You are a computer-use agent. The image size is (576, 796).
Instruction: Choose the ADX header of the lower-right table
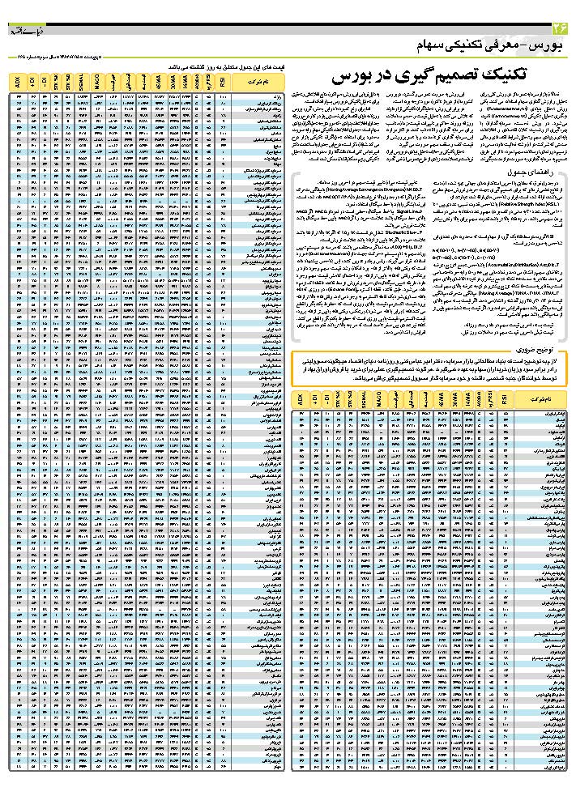(x=301, y=400)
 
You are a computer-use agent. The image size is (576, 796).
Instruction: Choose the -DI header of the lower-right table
(x=332, y=400)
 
